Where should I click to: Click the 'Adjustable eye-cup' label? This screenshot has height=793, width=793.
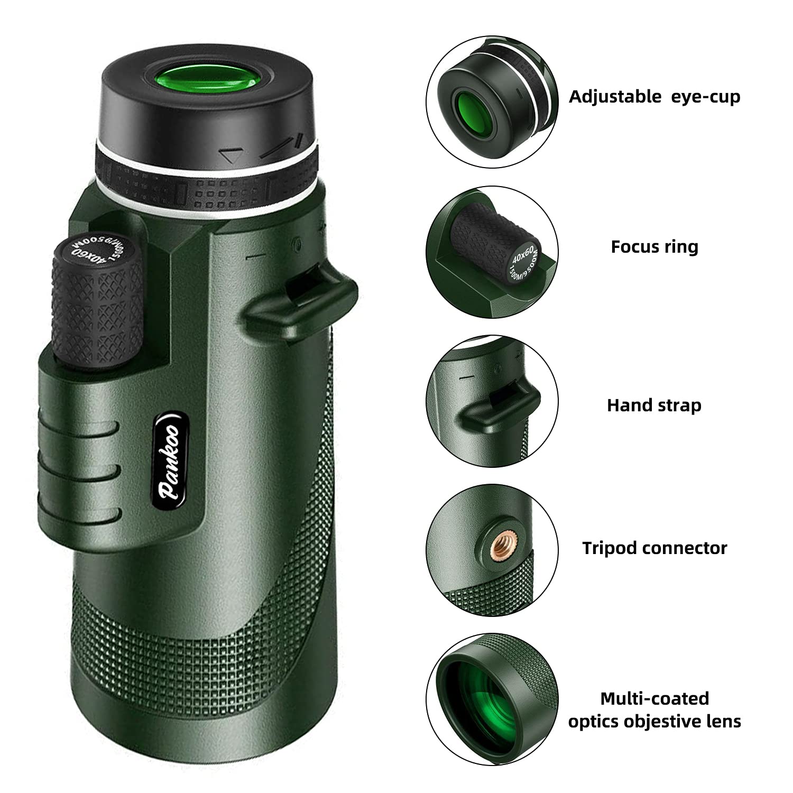654,97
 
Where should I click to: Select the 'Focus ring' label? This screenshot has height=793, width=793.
654,247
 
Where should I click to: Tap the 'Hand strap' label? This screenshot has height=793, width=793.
654,405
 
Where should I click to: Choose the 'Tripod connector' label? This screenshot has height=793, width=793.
654,548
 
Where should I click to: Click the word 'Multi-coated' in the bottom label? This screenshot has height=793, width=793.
654,698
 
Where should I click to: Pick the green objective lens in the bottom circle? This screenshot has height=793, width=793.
471,698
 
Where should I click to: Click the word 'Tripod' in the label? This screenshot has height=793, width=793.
608,548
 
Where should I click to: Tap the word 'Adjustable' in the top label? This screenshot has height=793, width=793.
615,97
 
